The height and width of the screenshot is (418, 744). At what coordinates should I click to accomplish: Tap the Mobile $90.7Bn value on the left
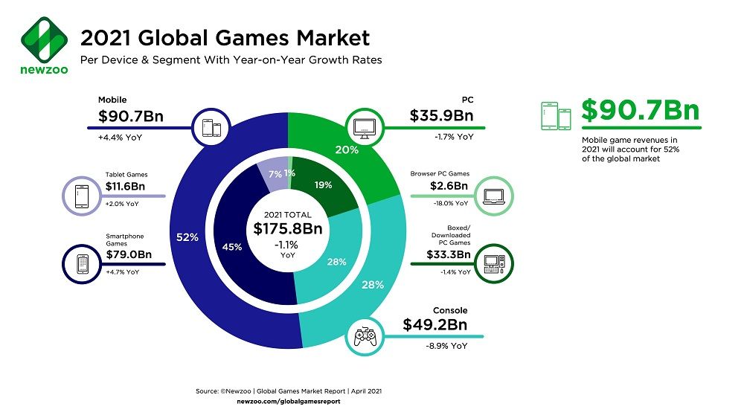(131, 117)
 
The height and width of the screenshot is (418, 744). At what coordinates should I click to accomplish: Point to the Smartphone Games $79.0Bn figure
(129, 254)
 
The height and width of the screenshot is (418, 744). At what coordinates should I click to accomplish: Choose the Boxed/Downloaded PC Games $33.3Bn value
(448, 254)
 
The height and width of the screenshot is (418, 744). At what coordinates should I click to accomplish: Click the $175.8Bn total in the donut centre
(287, 228)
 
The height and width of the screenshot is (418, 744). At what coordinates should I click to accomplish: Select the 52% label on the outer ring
(187, 237)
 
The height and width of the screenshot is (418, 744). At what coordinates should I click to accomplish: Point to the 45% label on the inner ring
(231, 247)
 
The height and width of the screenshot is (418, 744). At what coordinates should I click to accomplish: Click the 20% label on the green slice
(347, 149)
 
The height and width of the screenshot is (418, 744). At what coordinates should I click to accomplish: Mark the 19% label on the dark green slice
(324, 186)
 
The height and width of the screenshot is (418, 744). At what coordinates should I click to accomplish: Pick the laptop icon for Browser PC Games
(494, 196)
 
